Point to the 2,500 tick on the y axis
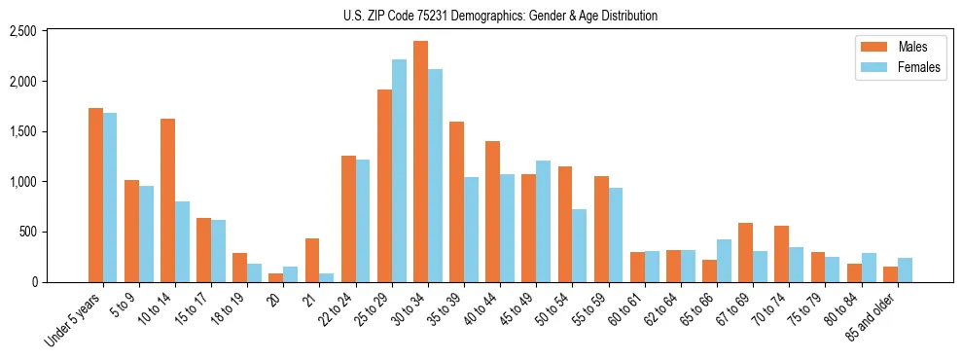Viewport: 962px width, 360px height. [22, 31]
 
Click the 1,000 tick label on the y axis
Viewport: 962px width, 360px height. [22, 182]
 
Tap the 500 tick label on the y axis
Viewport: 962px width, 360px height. [28, 232]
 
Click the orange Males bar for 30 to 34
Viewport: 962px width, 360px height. [420, 162]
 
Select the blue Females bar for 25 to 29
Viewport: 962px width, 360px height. [399, 171]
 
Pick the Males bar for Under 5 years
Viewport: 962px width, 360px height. [95, 195]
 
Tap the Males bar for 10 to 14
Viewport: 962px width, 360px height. [167, 200]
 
